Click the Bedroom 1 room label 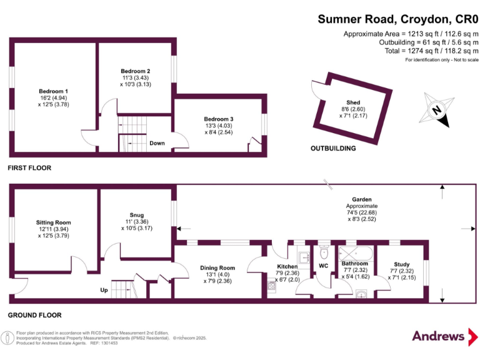(x=53, y=91)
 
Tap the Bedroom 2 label (x=136, y=71)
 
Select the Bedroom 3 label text (x=219, y=119)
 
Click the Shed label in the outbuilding (x=354, y=102)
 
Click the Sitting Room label (x=53, y=222)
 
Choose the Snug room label (x=136, y=215)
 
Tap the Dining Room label (x=217, y=268)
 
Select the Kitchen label (x=287, y=267)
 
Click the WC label (x=324, y=266)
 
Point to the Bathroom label (x=355, y=264)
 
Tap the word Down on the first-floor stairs (x=157, y=143)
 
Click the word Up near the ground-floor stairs (x=105, y=291)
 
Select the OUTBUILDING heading (x=333, y=149)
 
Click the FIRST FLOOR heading (x=29, y=168)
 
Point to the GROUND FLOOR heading (x=34, y=315)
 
